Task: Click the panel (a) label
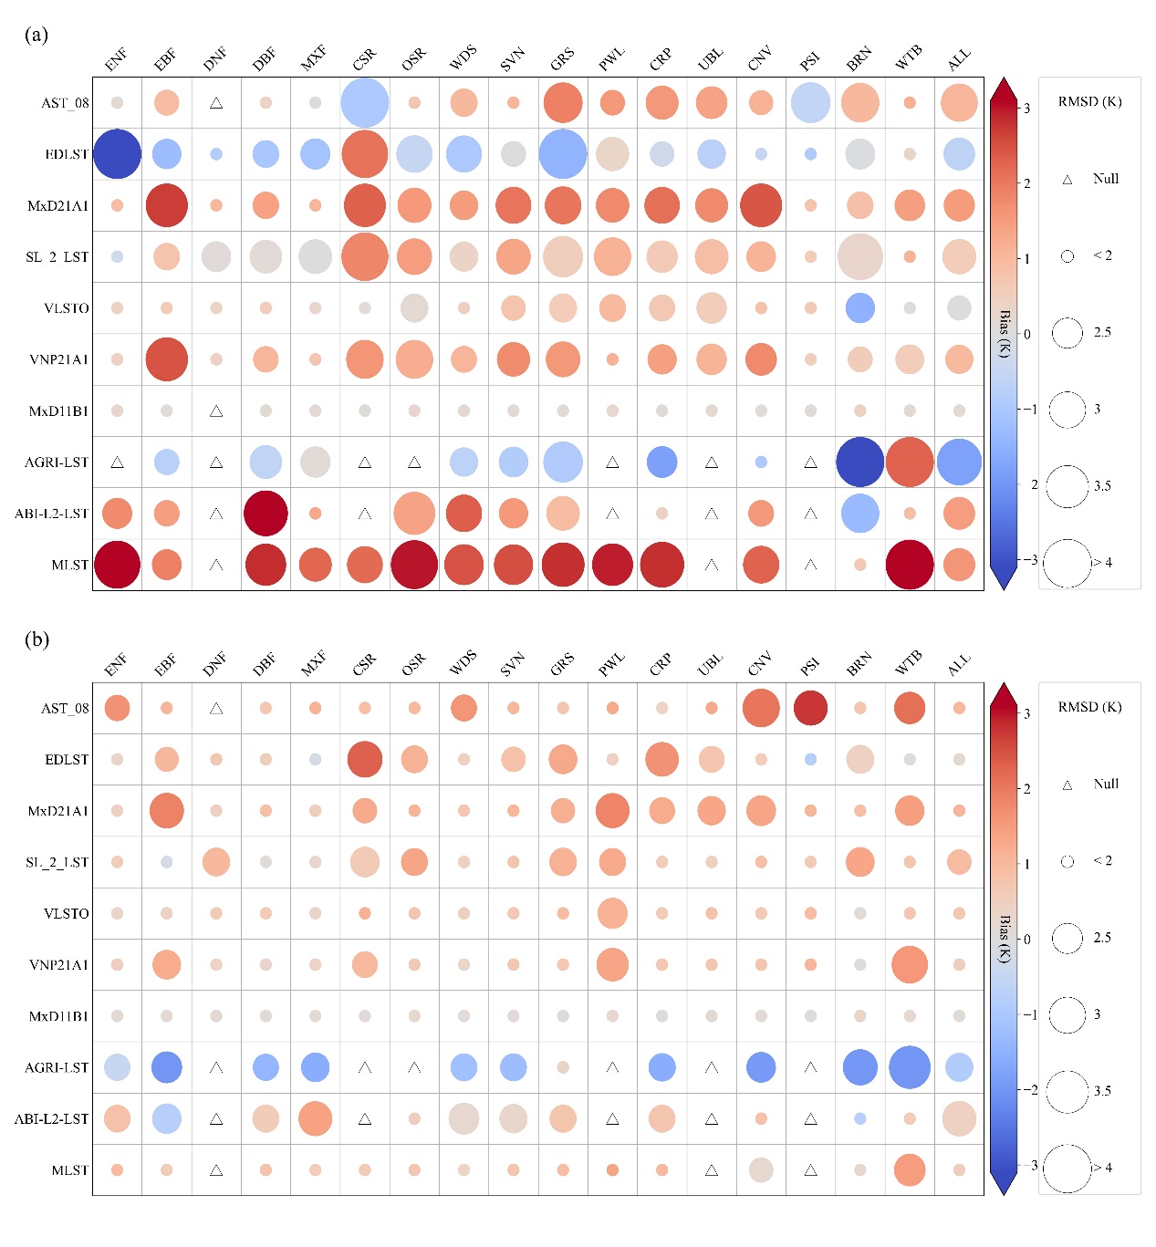pos(36,35)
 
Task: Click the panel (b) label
pos(36,639)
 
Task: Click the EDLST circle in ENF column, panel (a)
pos(117,154)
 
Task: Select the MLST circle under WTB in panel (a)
pos(909,565)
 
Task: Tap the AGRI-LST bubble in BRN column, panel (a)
pos(859,462)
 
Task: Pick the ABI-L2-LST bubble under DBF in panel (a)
pos(266,514)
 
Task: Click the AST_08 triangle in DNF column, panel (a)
pos(216,103)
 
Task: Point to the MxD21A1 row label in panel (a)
pos(58,206)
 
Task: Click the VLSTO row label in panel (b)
pos(67,913)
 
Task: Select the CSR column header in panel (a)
pos(364,59)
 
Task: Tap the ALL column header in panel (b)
pos(958,665)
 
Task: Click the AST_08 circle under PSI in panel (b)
pos(810,708)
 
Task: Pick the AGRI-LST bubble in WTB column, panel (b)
pos(909,1067)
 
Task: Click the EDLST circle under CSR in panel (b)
pos(364,759)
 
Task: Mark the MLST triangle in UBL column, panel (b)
pos(711,1170)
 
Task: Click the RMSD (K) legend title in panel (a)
pos(1089,101)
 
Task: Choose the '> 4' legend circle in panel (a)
pos(1067,563)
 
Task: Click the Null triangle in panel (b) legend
pos(1067,785)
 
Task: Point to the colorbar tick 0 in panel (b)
pos(1027,940)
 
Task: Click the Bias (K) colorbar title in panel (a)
pos(1005,334)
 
